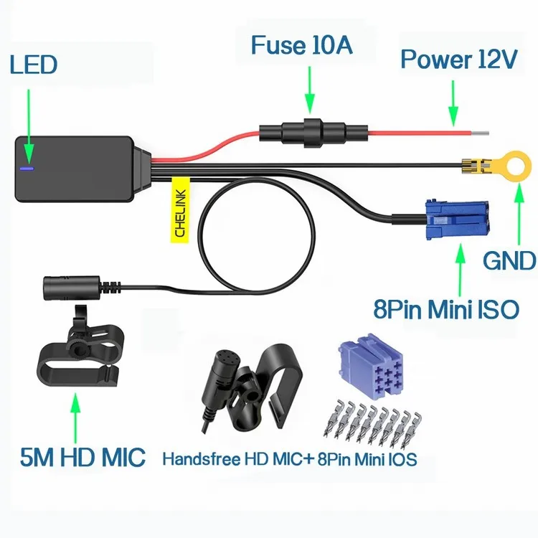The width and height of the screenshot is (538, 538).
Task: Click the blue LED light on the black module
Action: point(27,169)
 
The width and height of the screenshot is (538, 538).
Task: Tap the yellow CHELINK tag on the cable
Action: point(180,210)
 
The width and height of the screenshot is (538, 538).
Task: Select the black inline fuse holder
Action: point(313,133)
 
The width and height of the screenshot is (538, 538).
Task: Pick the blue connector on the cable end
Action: point(456,220)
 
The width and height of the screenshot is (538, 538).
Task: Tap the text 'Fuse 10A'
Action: point(301,45)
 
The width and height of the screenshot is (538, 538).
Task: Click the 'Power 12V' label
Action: point(459,59)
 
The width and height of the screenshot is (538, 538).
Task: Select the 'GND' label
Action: point(509,260)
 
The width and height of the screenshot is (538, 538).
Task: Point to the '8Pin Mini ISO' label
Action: point(446,308)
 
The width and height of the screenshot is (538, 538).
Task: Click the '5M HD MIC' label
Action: point(82,457)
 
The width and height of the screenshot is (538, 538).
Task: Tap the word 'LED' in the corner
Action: point(33,65)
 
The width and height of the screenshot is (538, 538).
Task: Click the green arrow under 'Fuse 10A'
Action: point(309,90)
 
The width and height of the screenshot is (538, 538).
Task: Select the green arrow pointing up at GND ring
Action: point(519,214)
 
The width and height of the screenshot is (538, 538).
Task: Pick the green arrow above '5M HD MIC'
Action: point(75,418)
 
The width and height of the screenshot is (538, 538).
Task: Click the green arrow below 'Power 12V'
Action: point(453,103)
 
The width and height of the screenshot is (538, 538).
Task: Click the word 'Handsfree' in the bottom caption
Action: point(202,459)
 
